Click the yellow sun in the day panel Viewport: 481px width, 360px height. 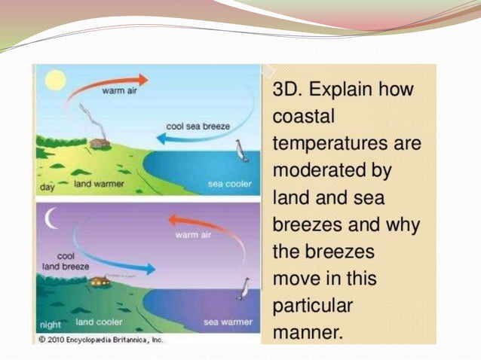(54, 79)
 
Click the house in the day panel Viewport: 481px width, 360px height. (100, 142)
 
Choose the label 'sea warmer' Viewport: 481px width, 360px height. (228, 323)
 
